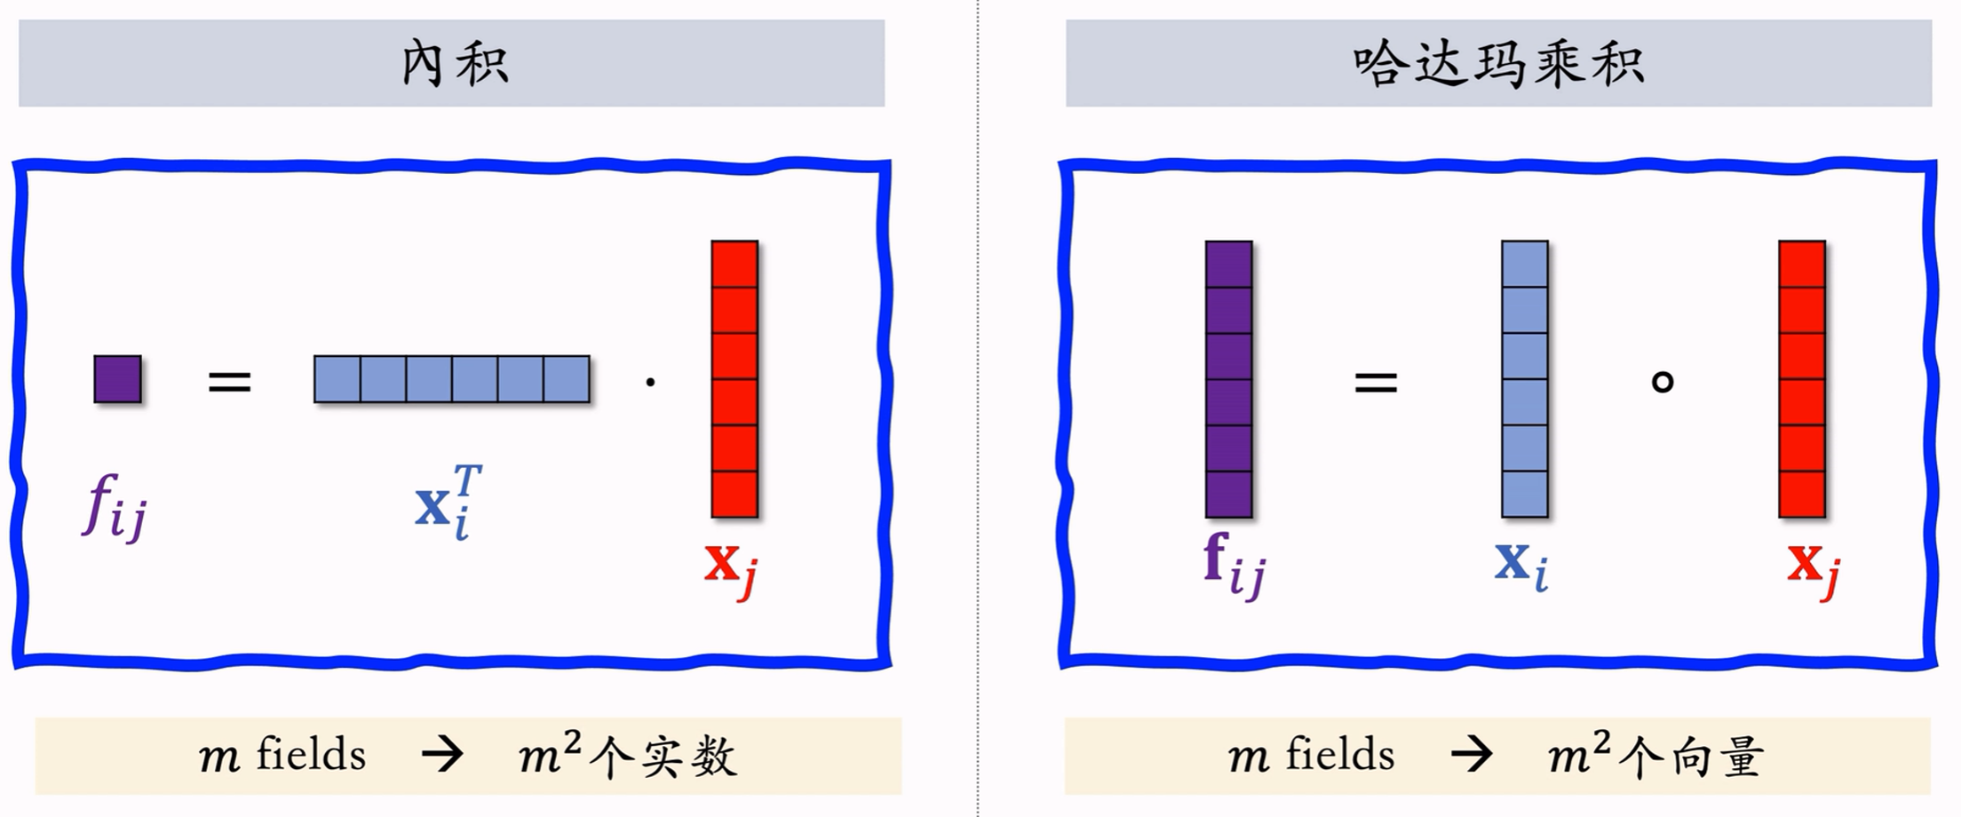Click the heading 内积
point(454,64)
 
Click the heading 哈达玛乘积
point(1498,64)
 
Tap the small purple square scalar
point(117,379)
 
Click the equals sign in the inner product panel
point(229,383)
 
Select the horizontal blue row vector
point(451,379)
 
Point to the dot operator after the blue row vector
point(651,383)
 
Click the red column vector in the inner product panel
point(734,379)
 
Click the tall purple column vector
point(1228,379)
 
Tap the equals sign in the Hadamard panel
point(1376,383)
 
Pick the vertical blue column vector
point(1524,379)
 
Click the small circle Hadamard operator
point(1662,382)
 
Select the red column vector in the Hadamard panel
point(1801,379)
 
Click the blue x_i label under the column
point(1521,564)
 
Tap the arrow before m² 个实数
point(442,755)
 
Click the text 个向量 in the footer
point(1690,758)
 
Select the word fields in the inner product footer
point(311,755)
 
